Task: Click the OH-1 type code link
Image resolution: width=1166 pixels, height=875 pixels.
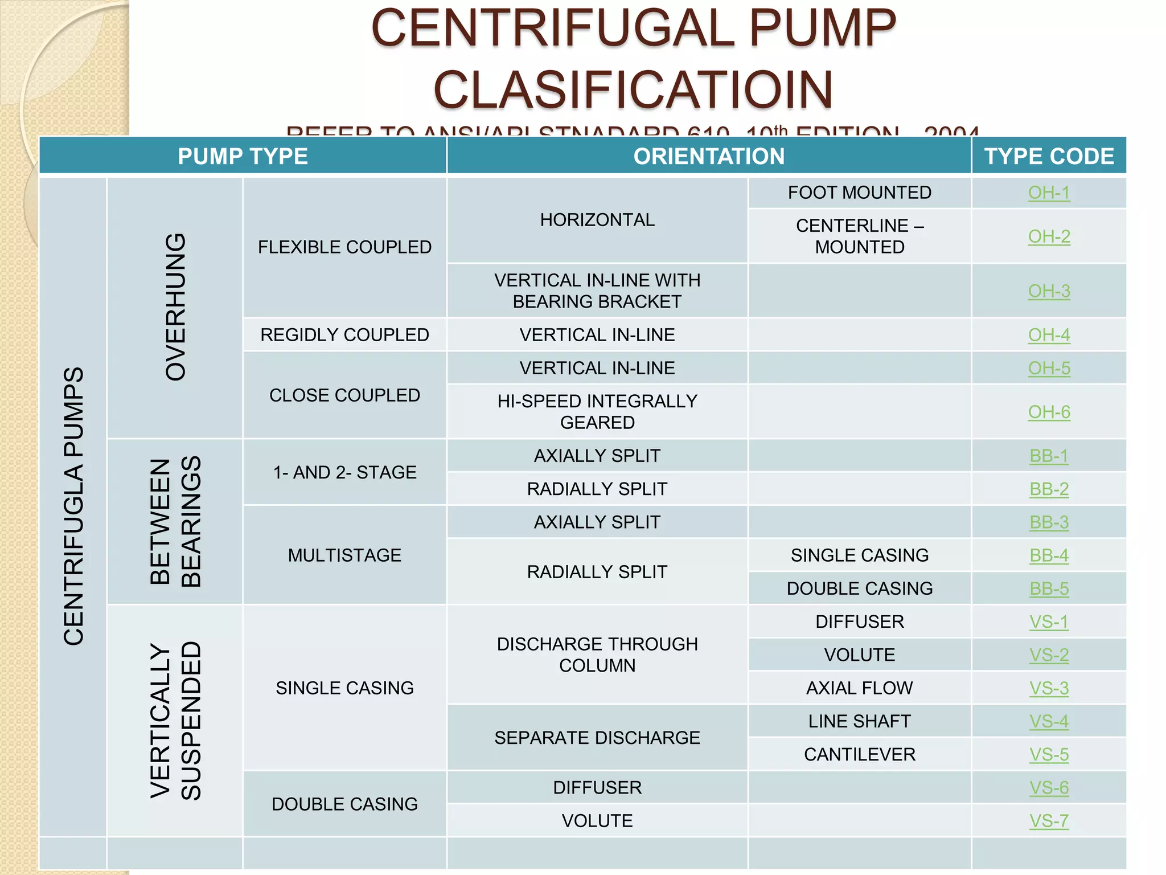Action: coord(1049,193)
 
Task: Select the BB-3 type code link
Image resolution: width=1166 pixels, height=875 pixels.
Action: coord(1049,522)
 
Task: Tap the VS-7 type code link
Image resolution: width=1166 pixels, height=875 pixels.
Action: coord(1049,820)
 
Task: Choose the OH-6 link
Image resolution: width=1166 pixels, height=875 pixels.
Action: coord(1049,412)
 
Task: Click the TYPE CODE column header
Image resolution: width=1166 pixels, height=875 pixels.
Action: coord(1049,156)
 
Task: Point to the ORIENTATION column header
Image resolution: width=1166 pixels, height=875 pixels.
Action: coord(709,156)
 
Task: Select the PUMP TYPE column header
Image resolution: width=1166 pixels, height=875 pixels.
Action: coord(243,156)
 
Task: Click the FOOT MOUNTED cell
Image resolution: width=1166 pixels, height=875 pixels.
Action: coord(859,193)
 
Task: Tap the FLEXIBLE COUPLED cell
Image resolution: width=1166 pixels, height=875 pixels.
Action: coord(344,247)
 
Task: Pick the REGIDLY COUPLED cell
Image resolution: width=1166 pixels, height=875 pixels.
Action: coord(344,334)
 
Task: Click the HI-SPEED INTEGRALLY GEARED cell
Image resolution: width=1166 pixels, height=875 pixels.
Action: coord(597,411)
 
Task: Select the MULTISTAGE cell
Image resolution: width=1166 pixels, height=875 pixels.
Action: coord(344,555)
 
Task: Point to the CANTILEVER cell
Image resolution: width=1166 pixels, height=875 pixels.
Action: coord(859,754)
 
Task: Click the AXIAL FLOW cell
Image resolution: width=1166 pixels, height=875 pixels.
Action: coord(859,688)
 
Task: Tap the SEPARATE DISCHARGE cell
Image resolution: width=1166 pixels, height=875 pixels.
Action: coord(597,738)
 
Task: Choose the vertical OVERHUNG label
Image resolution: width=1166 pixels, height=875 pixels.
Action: coord(175,307)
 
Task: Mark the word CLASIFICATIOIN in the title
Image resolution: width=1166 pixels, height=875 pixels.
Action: coord(633,89)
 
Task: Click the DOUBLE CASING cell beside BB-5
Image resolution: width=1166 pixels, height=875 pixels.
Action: coord(859,588)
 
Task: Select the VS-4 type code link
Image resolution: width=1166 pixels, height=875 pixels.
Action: coord(1049,721)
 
